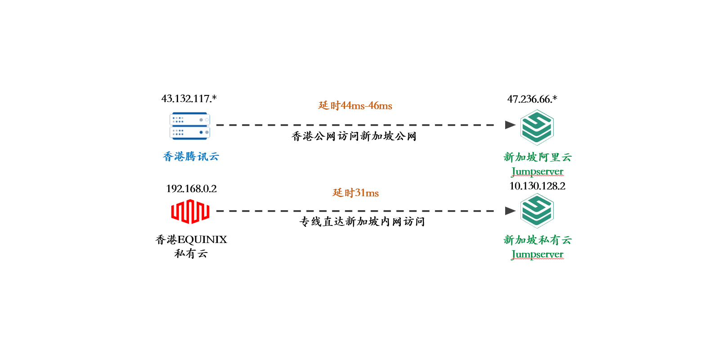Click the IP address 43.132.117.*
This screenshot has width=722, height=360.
[189, 99]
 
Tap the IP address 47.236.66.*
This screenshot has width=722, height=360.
[532, 99]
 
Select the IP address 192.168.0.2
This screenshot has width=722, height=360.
[191, 189]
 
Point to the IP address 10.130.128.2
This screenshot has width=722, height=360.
[537, 186]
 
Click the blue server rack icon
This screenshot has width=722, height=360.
[190, 126]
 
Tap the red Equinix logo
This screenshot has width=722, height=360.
[190, 211]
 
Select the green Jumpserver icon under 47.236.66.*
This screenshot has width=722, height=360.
[537, 128]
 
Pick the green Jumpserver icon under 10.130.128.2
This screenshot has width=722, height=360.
[537, 211]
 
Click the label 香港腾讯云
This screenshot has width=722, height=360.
[191, 157]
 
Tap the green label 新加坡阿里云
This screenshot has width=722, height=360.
[538, 157]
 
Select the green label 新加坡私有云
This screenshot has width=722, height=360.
[538, 240]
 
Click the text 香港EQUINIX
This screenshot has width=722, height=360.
[191, 239]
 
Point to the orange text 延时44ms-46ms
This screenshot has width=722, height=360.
[355, 106]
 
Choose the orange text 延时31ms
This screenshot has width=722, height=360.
[355, 193]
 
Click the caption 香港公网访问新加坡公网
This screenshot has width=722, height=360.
[354, 136]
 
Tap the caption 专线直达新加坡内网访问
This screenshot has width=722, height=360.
[362, 221]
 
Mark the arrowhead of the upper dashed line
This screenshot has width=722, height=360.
[510, 125]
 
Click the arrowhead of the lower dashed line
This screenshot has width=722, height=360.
[510, 211]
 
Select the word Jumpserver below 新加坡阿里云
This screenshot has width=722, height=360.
[538, 171]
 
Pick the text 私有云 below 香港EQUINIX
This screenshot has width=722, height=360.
[191, 254]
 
